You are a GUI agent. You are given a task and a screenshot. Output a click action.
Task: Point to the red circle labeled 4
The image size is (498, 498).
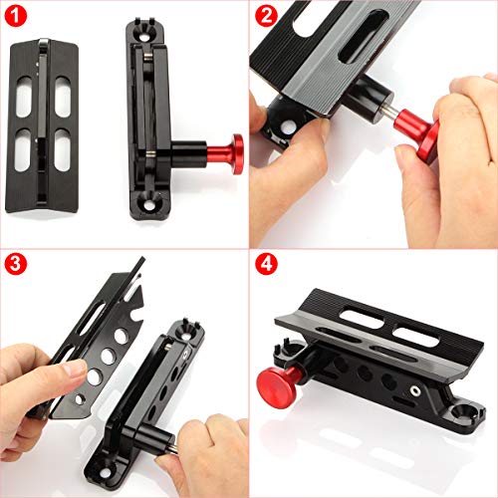click(266, 266)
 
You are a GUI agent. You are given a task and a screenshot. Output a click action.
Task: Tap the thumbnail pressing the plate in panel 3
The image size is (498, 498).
click(71, 370)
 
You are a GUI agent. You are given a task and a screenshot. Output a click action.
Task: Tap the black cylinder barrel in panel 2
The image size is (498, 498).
click(360, 117)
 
